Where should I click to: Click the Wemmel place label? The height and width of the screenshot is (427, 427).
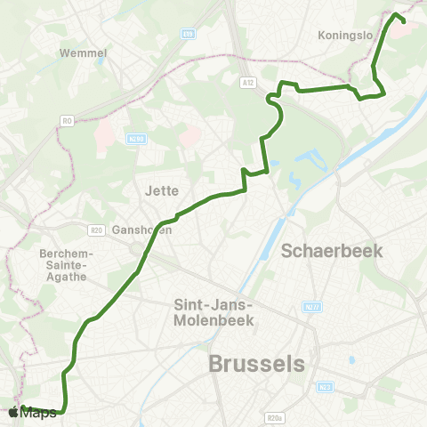coord(83,52)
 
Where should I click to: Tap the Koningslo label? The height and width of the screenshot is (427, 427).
coord(344,36)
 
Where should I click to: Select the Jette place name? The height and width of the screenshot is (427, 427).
coord(161,189)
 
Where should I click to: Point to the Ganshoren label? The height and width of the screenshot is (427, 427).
coord(142,230)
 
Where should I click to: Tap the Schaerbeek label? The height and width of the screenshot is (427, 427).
coord(332,250)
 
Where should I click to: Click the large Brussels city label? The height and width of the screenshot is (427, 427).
coord(255,364)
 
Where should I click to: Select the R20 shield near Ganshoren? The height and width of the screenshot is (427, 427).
coord(97,230)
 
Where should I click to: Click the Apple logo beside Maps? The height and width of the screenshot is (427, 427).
coord(13,412)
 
